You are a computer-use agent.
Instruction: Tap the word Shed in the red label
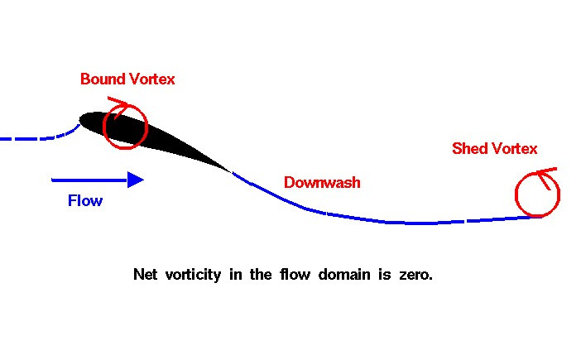[470, 149]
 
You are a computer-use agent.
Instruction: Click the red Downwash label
[322, 182]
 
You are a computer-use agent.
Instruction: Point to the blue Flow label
[85, 200]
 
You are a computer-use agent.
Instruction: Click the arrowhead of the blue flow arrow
[137, 179]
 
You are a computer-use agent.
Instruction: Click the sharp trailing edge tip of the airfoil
[230, 170]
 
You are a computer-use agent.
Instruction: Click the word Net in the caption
[145, 275]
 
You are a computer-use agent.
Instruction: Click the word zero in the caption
[414, 275]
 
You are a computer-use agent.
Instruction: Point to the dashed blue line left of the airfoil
[33, 138]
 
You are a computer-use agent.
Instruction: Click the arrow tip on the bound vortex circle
[110, 99]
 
